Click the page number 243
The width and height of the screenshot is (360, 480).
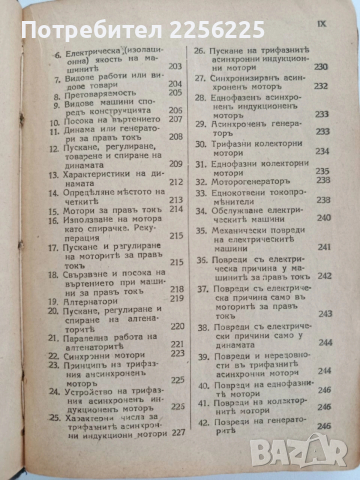click(x=328, y=313)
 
